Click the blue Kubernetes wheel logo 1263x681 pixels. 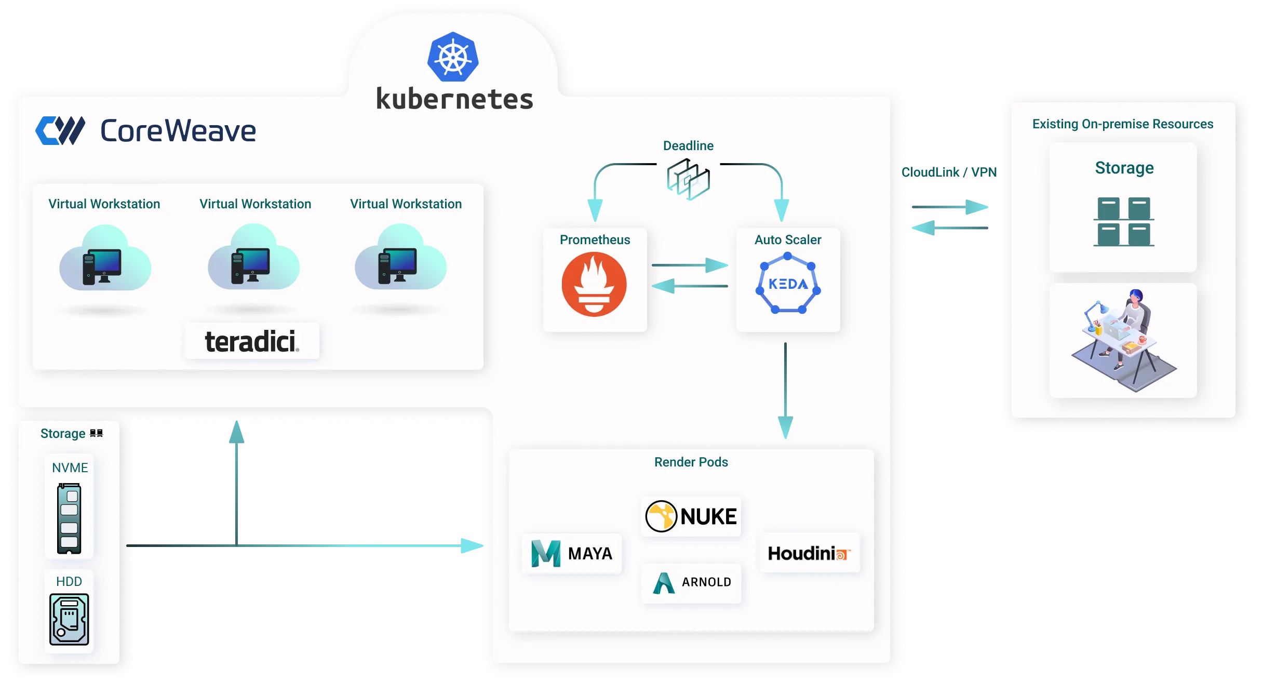coord(453,57)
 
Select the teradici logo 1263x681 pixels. coord(252,341)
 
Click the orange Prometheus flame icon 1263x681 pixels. coord(594,284)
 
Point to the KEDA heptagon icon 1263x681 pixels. coord(788,284)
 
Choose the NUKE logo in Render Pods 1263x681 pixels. coord(691,516)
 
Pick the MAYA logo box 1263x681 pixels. coord(572,553)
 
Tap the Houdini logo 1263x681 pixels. coord(810,553)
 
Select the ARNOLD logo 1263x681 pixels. coord(692,583)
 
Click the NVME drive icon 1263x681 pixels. coord(69,518)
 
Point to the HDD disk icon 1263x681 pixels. coord(69,619)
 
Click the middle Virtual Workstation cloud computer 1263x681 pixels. coord(253,258)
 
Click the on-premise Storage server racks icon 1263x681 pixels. coord(1124,222)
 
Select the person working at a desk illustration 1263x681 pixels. coord(1124,340)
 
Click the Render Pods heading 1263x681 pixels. coord(691,462)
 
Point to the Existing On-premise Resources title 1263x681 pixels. coord(1123,124)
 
